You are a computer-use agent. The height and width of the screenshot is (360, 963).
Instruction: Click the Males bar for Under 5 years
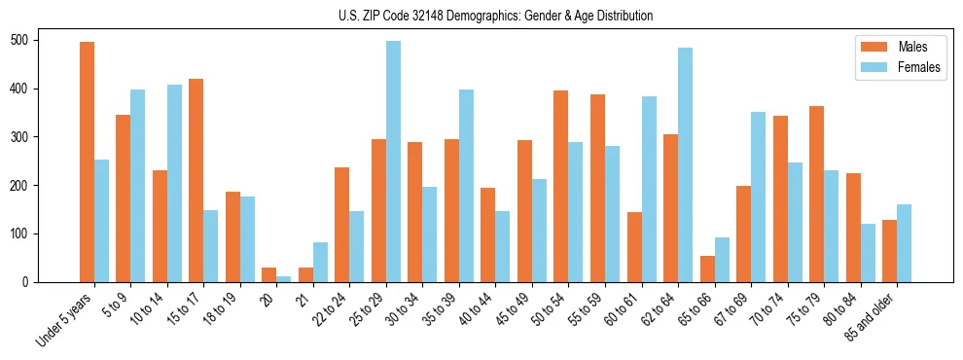coord(87,162)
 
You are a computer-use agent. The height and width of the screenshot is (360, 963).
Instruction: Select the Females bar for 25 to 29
coord(393,162)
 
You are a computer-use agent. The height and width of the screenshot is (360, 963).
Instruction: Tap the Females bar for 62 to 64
coord(685,164)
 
